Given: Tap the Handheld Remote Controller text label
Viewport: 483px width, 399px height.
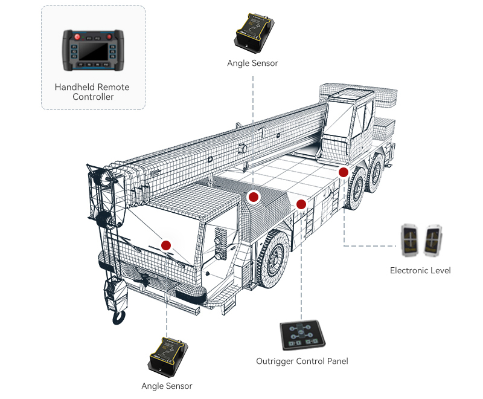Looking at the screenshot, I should click(x=92, y=92).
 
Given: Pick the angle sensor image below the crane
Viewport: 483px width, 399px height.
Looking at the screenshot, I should click(x=168, y=355).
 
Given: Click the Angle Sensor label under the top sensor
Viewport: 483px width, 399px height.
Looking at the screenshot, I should click(x=252, y=63).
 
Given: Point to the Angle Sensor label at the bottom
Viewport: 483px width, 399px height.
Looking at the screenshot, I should click(x=167, y=386).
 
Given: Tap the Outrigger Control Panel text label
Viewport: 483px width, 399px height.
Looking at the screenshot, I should click(x=302, y=362).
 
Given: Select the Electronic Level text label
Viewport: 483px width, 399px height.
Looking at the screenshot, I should click(x=420, y=270).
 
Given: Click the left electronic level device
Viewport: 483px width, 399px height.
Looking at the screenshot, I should click(x=411, y=239).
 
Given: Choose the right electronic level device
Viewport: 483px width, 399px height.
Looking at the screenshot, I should click(x=433, y=239).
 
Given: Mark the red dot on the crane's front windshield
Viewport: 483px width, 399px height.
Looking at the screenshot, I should click(x=166, y=245).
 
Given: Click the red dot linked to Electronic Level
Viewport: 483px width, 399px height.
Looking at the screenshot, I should click(x=344, y=172).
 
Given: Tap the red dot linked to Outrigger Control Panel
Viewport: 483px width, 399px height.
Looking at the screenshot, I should click(x=301, y=204).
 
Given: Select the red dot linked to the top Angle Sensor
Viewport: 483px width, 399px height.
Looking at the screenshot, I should click(x=254, y=196).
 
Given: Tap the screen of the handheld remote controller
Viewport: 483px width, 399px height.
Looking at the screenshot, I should click(x=93, y=51).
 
